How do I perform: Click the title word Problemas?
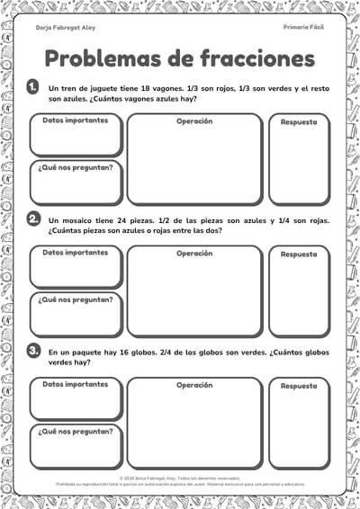coord(102,58)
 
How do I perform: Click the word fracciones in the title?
coord(253,58)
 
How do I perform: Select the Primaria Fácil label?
coord(302,28)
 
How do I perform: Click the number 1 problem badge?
coord(32,87)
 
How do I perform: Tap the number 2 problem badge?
coord(32,219)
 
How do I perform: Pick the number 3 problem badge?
coord(32,351)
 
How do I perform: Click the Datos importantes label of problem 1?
coord(76,120)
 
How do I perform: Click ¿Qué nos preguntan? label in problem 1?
coord(76,167)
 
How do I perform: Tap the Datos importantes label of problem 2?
coord(76,252)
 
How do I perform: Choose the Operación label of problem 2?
coord(194,253)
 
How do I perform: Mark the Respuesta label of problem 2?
coord(299,254)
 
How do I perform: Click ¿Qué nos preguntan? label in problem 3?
coord(76,431)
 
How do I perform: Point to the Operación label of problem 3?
coord(194,384)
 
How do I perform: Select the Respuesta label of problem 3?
coord(299,385)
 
